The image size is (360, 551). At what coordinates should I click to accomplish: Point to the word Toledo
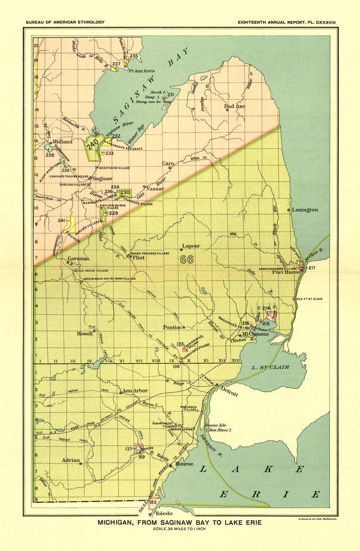click(164, 514)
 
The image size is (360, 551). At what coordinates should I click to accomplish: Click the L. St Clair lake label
click(271, 367)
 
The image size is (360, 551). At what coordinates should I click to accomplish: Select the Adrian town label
click(71, 460)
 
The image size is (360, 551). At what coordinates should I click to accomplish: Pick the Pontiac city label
click(173, 327)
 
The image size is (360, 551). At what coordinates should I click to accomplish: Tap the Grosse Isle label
click(215, 425)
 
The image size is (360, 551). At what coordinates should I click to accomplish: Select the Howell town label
click(85, 333)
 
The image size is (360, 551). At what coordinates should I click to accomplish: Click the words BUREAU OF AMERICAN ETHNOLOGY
click(65, 22)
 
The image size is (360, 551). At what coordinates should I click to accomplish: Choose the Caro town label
click(168, 163)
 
